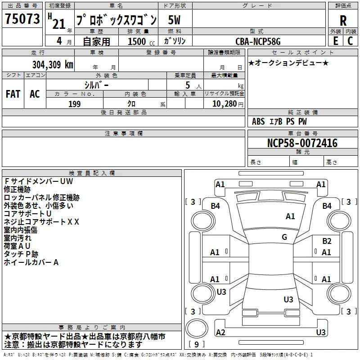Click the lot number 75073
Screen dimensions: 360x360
click(22, 19)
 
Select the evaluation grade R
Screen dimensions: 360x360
click(343, 21)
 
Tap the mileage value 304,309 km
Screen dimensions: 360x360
click(53, 65)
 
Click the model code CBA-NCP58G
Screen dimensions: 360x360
click(258, 41)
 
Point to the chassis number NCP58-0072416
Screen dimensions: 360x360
click(302, 143)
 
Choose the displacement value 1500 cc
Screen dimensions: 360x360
click(141, 41)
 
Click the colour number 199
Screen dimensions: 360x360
click(74, 104)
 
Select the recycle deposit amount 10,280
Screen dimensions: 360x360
click(224, 104)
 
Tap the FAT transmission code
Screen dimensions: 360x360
click(13, 94)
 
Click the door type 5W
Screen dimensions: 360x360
click(174, 20)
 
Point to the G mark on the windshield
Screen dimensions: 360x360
click(284, 237)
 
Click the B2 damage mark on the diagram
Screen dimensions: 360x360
click(327, 241)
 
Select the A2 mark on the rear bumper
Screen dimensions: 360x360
click(220, 332)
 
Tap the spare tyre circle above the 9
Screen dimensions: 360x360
click(197, 328)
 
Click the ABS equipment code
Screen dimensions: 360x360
click(258, 121)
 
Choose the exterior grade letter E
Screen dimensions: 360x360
click(335, 41)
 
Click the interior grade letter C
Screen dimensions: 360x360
click(350, 41)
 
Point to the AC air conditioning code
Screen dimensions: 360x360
click(35, 94)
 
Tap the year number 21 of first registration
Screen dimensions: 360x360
click(59, 24)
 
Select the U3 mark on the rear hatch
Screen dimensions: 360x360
click(288, 299)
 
